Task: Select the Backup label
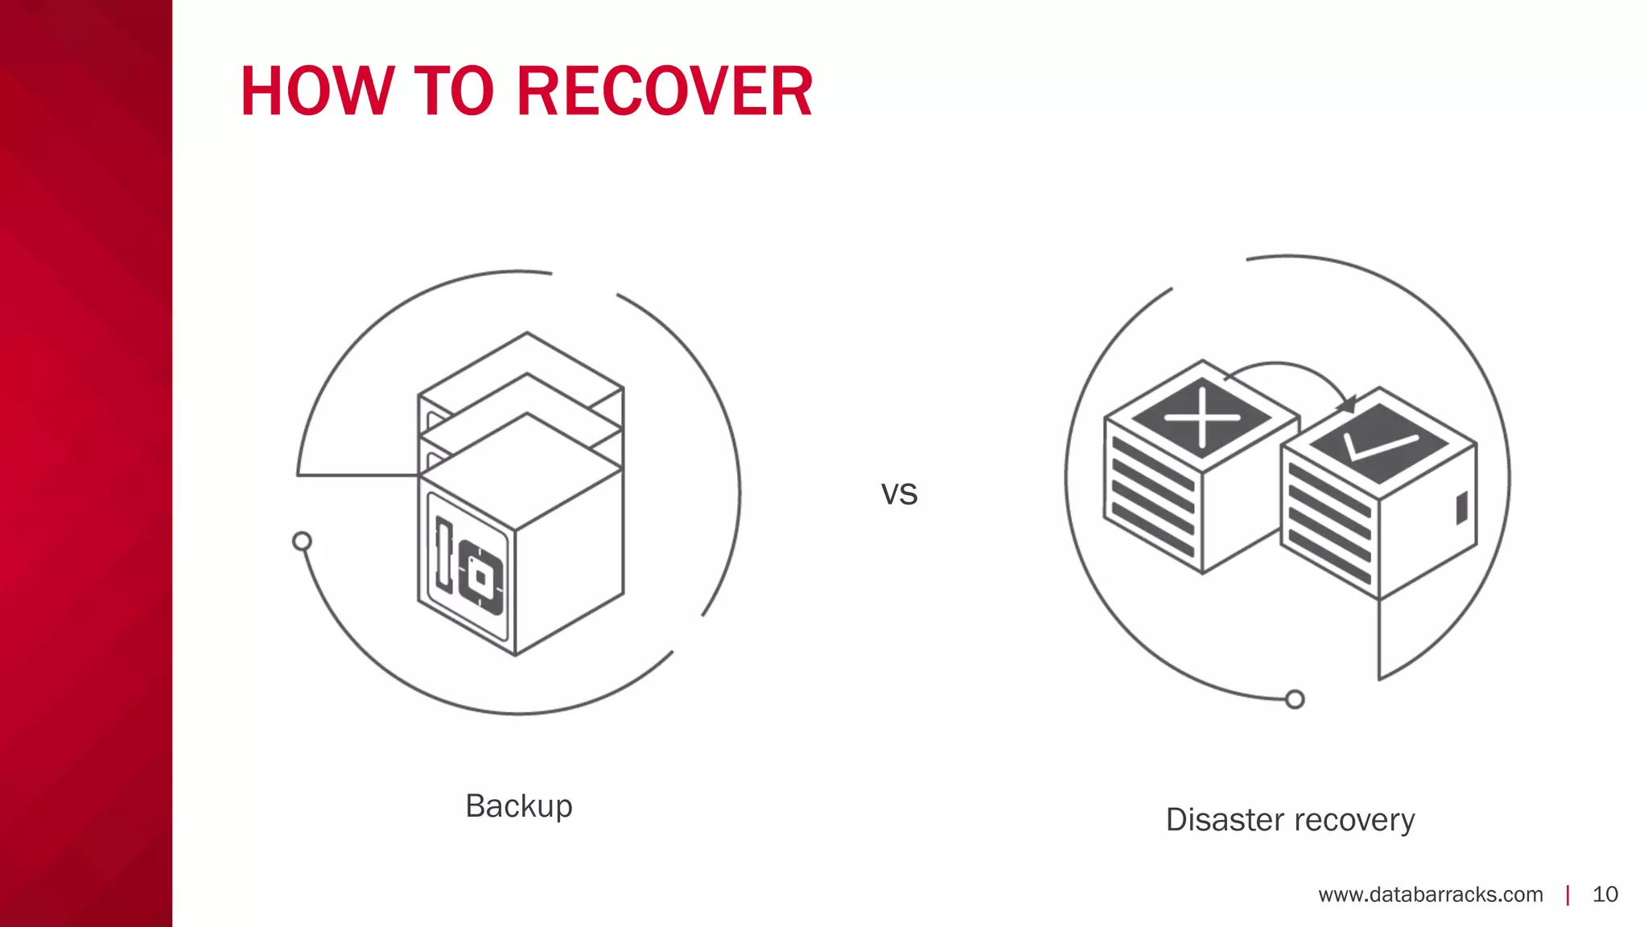(x=519, y=805)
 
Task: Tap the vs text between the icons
(x=899, y=493)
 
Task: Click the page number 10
(x=1605, y=895)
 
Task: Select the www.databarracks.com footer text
(x=1430, y=895)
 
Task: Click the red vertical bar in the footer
(x=1568, y=895)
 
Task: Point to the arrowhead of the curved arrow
(x=1347, y=404)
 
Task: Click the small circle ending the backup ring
(x=302, y=541)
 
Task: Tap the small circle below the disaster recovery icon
(x=1294, y=699)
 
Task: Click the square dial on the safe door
(x=480, y=578)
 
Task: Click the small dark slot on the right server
(x=1461, y=509)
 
